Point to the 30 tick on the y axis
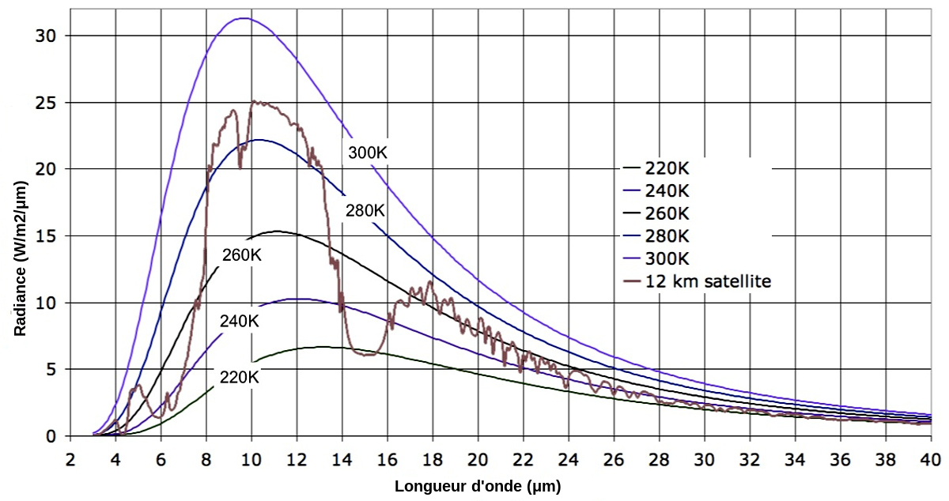click(x=50, y=36)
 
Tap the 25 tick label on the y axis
click(x=50, y=103)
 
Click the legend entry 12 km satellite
click(x=708, y=281)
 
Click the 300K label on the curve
click(x=367, y=153)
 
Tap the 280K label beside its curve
click(x=365, y=210)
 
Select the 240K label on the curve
click(x=240, y=322)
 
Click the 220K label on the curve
click(x=240, y=377)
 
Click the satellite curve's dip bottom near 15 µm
click(x=367, y=355)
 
